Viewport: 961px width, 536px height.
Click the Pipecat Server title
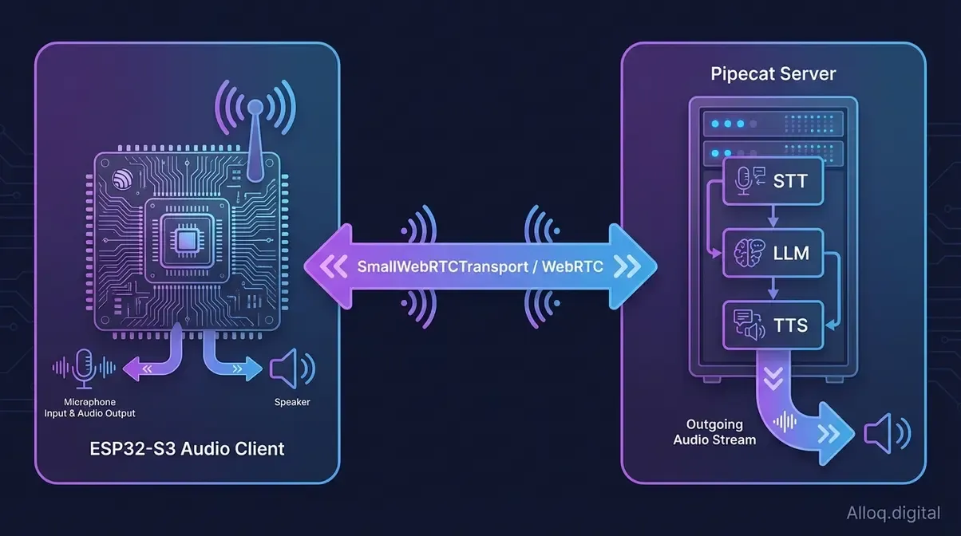(x=773, y=74)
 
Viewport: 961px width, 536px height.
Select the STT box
(x=772, y=181)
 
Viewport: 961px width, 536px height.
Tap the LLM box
(x=772, y=253)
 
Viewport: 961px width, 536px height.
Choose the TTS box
(x=772, y=325)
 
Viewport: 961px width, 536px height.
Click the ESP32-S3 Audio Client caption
(x=187, y=447)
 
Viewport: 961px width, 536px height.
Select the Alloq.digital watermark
(x=894, y=513)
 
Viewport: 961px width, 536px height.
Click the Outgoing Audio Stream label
(x=714, y=432)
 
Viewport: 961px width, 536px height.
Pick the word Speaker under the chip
(x=292, y=402)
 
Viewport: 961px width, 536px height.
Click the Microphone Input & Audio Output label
(x=89, y=408)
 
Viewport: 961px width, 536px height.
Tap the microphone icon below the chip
(x=84, y=367)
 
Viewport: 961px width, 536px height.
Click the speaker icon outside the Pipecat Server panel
(x=885, y=432)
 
